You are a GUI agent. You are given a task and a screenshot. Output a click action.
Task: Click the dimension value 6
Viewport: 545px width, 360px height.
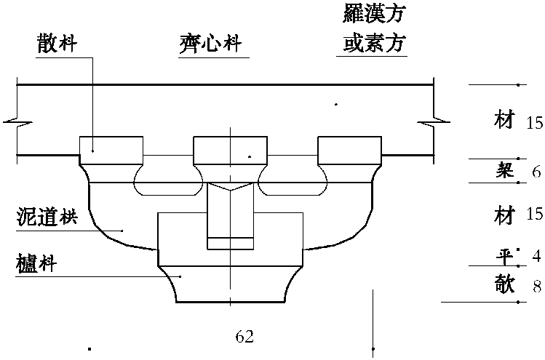(536, 172)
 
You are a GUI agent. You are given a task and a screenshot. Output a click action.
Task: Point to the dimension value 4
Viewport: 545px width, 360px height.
(536, 255)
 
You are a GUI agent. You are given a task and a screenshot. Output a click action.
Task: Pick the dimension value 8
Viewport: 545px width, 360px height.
(536, 286)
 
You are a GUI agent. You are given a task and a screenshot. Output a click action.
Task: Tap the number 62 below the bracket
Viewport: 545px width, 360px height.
(244, 336)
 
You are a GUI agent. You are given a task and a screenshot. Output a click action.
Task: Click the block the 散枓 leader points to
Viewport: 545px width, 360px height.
(111, 151)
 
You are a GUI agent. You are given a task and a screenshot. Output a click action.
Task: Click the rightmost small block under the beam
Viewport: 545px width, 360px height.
(349, 151)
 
